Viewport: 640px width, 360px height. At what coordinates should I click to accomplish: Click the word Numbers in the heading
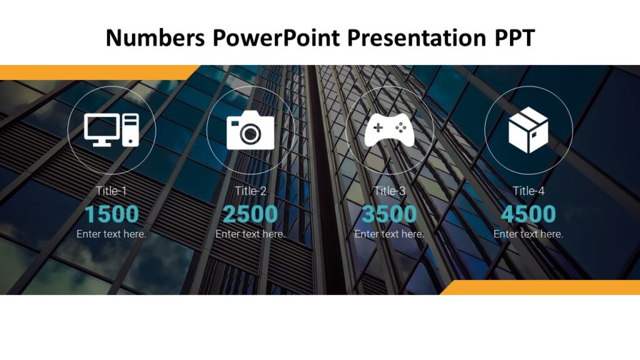pyautogui.click(x=154, y=38)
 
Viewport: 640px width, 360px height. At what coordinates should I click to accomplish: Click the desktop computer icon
pyautogui.click(x=112, y=130)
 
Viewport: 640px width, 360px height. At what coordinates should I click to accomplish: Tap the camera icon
pyautogui.click(x=251, y=130)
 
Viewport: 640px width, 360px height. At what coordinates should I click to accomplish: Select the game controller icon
pyautogui.click(x=389, y=130)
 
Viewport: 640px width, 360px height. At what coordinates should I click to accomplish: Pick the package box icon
pyautogui.click(x=528, y=130)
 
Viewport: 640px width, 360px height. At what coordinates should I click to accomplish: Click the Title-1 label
pyautogui.click(x=112, y=191)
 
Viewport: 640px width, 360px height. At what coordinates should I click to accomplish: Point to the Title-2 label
pyautogui.click(x=251, y=191)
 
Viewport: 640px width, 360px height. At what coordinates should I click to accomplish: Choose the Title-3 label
pyautogui.click(x=389, y=191)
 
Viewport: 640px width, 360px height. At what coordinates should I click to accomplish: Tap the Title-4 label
pyautogui.click(x=528, y=191)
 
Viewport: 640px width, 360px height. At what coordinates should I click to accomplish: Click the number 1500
pyautogui.click(x=112, y=214)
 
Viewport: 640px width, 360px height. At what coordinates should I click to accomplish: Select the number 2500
pyautogui.click(x=251, y=214)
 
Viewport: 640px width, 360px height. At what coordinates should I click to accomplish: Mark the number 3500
pyautogui.click(x=389, y=214)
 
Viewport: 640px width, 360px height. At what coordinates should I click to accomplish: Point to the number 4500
pyautogui.click(x=528, y=214)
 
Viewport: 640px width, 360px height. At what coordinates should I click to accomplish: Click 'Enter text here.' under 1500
pyautogui.click(x=112, y=234)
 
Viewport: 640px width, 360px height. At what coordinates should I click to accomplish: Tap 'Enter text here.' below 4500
pyautogui.click(x=528, y=234)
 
